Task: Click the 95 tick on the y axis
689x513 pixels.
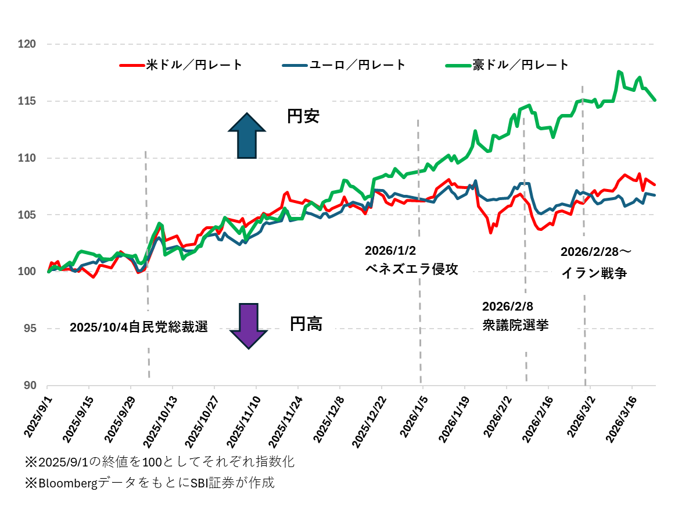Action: point(29,329)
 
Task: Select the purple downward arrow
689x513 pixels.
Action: point(249,326)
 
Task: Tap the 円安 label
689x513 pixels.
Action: point(303,116)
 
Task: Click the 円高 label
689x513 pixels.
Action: point(306,324)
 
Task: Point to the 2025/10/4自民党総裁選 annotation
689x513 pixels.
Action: point(138,327)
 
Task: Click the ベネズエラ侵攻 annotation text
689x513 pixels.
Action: point(411,269)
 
